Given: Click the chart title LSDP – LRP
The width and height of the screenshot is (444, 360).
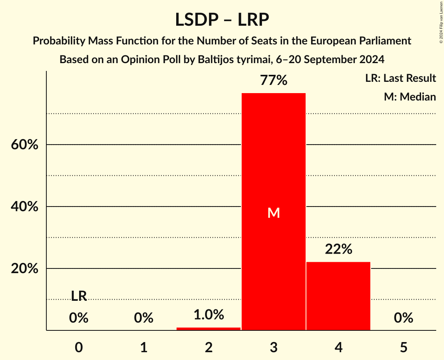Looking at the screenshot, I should (x=222, y=19).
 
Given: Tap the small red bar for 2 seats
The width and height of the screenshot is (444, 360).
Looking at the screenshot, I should (x=209, y=329).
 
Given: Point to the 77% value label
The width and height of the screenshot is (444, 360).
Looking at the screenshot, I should (x=274, y=81).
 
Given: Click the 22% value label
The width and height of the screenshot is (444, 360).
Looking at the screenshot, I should (x=338, y=249).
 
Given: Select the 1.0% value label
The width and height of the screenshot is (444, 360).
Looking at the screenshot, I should (x=209, y=315).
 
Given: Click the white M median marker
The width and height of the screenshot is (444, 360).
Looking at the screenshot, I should (x=274, y=213).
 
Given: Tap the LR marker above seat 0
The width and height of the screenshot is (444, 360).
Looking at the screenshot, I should (x=79, y=296).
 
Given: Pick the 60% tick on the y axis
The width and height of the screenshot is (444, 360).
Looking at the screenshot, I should (x=24, y=145).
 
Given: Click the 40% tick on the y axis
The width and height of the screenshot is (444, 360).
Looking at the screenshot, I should (x=24, y=207).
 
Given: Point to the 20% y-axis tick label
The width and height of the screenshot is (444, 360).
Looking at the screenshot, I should (x=24, y=269).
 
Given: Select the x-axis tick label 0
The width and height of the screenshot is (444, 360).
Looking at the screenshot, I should (x=79, y=347).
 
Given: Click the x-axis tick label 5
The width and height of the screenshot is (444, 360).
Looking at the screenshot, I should (x=403, y=347).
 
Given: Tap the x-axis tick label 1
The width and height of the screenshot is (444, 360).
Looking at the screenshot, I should (x=144, y=347).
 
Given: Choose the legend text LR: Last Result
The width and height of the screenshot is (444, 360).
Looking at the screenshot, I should (x=400, y=78).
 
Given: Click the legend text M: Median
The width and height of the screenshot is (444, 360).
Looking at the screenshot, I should (x=410, y=97).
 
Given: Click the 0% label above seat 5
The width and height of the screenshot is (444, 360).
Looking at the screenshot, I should (x=403, y=318).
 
